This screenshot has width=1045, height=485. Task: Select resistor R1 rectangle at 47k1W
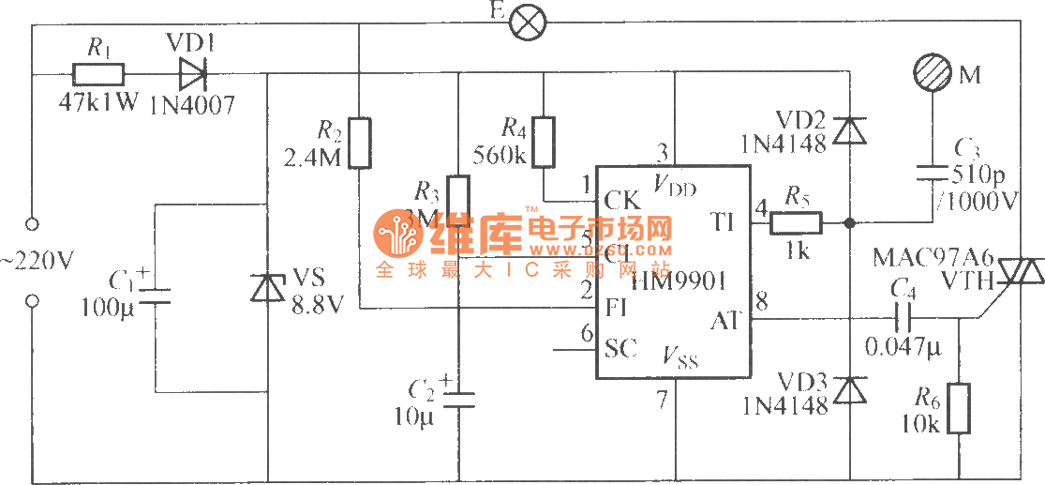(98, 73)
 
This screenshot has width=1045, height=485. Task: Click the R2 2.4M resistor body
(360, 143)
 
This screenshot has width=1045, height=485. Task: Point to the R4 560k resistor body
(545, 143)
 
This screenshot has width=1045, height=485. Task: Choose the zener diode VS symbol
(269, 288)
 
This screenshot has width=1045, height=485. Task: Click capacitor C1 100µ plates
(153, 296)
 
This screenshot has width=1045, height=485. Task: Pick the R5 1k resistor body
(796, 223)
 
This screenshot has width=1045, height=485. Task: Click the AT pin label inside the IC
(726, 320)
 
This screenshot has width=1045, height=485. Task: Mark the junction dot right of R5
(848, 223)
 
